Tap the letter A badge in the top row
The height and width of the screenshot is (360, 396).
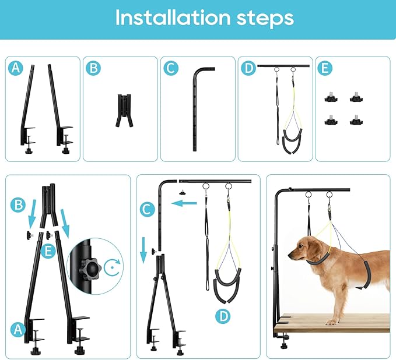(15, 68)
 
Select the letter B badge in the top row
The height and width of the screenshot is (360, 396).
(93, 68)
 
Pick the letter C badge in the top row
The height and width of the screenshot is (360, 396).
(170, 68)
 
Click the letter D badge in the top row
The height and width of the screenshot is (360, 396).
(248, 68)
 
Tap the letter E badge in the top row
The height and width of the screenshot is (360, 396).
(325, 68)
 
